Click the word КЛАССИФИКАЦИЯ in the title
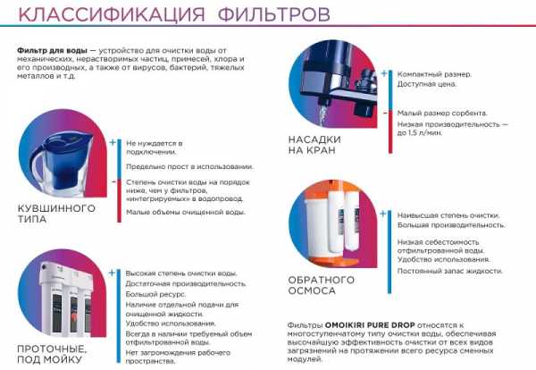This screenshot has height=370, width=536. [x=111, y=13]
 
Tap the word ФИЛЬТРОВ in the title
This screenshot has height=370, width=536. [x=274, y=13]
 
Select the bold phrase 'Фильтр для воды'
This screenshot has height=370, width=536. [x=52, y=51]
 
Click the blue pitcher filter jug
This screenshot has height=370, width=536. [x=62, y=161]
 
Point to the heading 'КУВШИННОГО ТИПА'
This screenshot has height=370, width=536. [x=56, y=214]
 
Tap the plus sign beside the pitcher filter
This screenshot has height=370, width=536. [x=113, y=143]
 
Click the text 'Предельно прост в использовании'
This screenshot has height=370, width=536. [x=190, y=167]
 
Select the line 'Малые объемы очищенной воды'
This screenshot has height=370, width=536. [x=186, y=213]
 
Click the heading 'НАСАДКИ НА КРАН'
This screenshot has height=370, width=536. [x=314, y=145]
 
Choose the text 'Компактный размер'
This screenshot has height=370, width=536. [x=434, y=74]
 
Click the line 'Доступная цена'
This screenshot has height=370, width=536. [x=427, y=84]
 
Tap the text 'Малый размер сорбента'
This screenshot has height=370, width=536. [x=442, y=114]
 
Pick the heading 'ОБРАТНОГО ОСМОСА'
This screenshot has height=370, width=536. [x=322, y=285]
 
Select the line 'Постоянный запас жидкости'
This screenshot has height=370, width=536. [x=450, y=271]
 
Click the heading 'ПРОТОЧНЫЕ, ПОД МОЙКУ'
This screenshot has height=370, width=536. [x=52, y=354]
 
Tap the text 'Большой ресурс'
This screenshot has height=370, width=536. [x=155, y=294]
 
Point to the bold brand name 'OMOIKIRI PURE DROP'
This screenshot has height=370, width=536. [x=370, y=324]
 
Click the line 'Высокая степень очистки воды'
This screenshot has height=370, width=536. [x=181, y=273]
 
